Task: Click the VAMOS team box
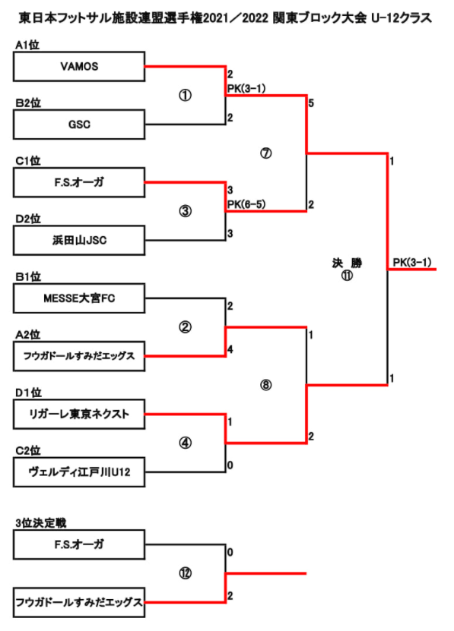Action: pyautogui.click(x=79, y=66)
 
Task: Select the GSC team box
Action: pyautogui.click(x=79, y=125)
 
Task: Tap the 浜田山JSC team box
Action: pyautogui.click(x=79, y=240)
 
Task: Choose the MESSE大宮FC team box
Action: pyautogui.click(x=79, y=298)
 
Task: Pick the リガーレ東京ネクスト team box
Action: pyautogui.click(x=79, y=414)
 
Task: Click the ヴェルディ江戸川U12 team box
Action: pyautogui.click(x=79, y=472)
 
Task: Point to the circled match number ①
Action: pyautogui.click(x=185, y=96)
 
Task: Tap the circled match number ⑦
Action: pyautogui.click(x=265, y=153)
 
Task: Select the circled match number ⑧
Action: pyautogui.click(x=265, y=385)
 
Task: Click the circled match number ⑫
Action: pyautogui.click(x=185, y=573)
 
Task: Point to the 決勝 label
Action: pyautogui.click(x=347, y=263)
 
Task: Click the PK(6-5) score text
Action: pyautogui.click(x=246, y=204)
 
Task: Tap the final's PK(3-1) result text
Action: pyautogui.click(x=412, y=263)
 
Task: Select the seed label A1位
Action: pyautogui.click(x=27, y=45)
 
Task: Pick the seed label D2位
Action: pyautogui.click(x=28, y=219)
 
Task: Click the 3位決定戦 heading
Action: pyautogui.click(x=41, y=523)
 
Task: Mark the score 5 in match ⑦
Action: pyautogui.click(x=311, y=103)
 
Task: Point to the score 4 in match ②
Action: pyautogui.click(x=230, y=349)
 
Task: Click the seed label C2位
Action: pyautogui.click(x=28, y=451)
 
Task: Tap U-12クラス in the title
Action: pyautogui.click(x=402, y=17)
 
